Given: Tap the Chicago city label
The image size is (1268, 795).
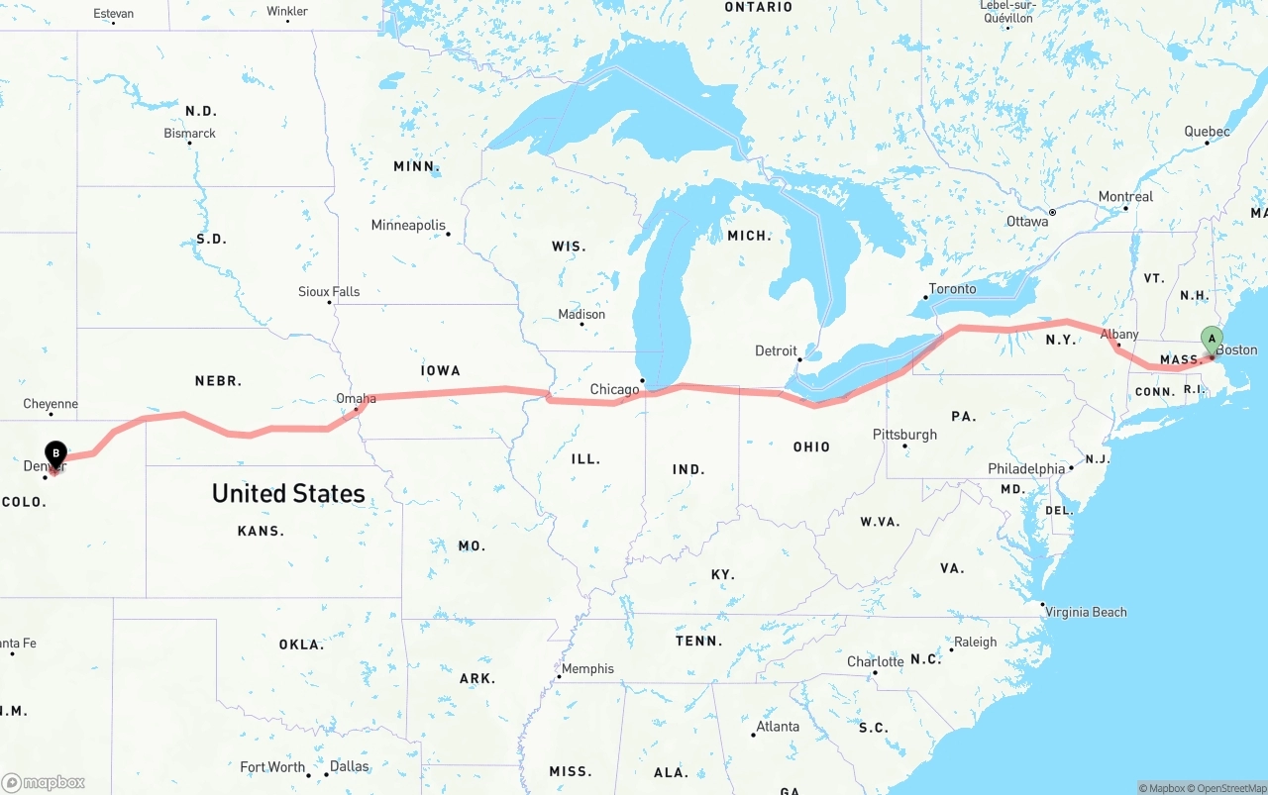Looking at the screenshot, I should [614, 389].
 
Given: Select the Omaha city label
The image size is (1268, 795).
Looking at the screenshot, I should [356, 398].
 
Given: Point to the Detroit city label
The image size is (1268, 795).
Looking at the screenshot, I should [776, 350].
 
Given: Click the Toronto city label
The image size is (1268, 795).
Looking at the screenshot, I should [952, 289].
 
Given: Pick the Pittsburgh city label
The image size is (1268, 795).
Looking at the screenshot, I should [904, 435].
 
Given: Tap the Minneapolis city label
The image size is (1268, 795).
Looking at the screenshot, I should [408, 225].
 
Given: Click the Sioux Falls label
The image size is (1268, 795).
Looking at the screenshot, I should [329, 291].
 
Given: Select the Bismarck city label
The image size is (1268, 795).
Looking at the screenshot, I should [189, 133].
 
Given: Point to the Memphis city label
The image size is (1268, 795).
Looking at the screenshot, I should [587, 668].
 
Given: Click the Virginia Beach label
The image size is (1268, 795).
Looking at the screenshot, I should [1086, 612].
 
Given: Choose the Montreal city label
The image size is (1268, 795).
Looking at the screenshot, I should [1125, 196].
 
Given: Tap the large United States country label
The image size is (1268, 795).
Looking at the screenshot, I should [288, 493].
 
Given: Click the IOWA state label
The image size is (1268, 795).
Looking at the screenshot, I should [441, 370].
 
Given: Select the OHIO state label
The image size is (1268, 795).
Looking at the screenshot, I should [811, 447].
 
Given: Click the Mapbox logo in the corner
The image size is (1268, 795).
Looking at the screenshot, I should [44, 782].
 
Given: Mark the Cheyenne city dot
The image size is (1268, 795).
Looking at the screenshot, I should [51, 417].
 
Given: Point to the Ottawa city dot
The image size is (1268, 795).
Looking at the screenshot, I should [1052, 212].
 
